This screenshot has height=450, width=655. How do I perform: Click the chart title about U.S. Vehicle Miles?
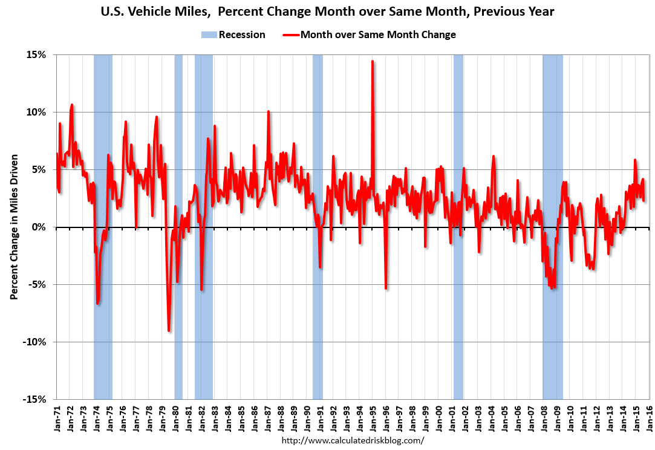point(327,11)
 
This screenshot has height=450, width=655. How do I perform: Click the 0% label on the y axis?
point(39,227)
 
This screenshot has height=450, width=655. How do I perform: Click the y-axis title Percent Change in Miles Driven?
point(13,227)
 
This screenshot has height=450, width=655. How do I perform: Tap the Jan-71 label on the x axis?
point(57,417)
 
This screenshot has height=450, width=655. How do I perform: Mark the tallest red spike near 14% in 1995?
point(373,61)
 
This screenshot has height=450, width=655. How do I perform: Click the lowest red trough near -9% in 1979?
point(169,330)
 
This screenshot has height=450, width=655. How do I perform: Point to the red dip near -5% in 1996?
point(386,288)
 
